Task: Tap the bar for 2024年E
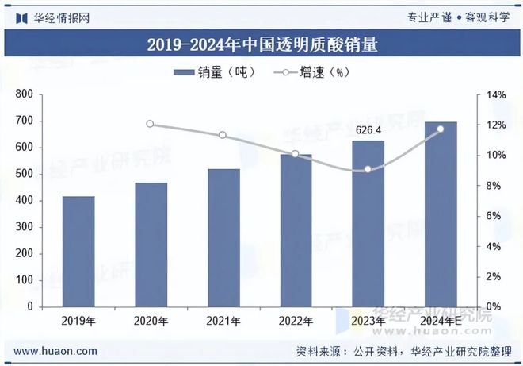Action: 441,214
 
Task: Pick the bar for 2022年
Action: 296,230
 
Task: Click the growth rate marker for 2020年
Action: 151,124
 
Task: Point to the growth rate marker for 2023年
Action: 368,169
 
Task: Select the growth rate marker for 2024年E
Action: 441,129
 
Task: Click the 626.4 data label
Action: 368,130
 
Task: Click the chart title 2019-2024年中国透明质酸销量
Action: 261,45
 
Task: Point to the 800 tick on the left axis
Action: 45,94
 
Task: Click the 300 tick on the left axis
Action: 45,227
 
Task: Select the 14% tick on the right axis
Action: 495,94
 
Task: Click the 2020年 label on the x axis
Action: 151,321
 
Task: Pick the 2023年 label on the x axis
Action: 368,321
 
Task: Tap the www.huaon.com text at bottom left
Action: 56,350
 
